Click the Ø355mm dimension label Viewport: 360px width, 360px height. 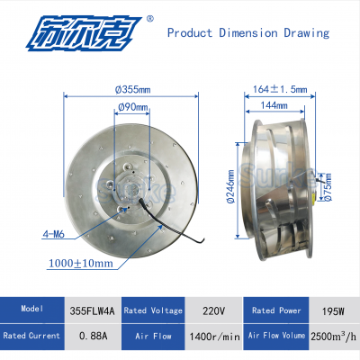(132, 89)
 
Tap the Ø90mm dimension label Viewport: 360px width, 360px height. (133, 107)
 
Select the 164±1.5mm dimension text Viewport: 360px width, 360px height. (280, 89)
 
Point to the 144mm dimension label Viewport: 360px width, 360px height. (274, 105)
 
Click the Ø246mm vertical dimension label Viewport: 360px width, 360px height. (230, 187)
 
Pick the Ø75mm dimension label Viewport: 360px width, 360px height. (328, 187)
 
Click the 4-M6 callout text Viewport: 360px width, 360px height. (53, 234)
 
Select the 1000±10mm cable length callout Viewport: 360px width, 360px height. (81, 264)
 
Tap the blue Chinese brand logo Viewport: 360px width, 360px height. (82, 33)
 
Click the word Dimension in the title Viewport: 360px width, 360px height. (248, 32)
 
